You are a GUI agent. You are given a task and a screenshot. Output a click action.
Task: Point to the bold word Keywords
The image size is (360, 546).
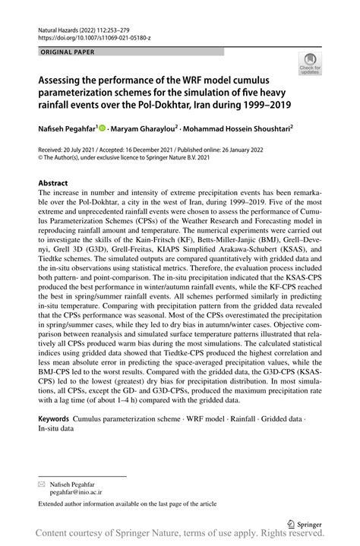pyautogui.click(x=54, y=418)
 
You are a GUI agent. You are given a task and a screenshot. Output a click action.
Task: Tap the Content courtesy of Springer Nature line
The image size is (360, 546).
pyautogui.click(x=180, y=536)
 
